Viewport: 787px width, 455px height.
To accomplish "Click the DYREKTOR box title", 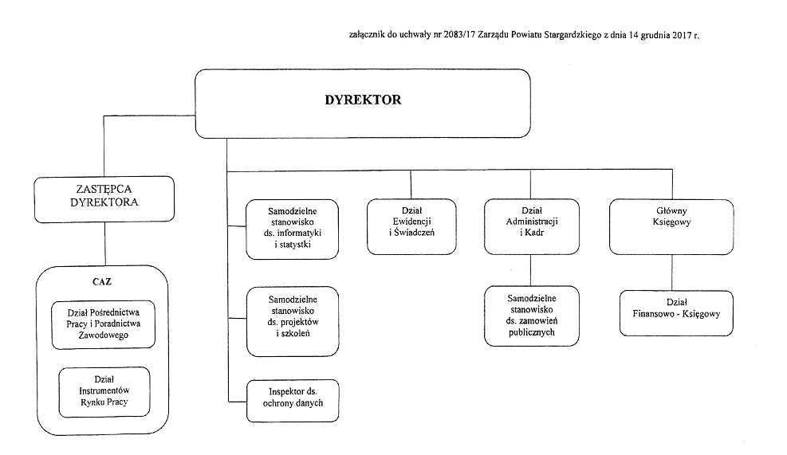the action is pos(363,100).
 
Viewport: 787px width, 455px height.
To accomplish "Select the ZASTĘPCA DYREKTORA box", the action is pos(104,199).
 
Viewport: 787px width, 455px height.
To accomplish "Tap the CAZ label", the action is pos(102,281).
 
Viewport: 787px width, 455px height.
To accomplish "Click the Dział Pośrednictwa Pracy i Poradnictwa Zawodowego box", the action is pos(104,324).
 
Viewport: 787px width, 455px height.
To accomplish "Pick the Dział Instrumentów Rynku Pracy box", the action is pos(104,392).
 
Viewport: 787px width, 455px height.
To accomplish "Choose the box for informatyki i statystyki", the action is pos(292,229).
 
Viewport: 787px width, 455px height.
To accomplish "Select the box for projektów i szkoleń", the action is pos(293,322).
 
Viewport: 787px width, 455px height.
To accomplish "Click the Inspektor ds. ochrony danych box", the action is pos(293,400).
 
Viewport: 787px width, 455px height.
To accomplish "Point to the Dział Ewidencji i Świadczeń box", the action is pos(411,227).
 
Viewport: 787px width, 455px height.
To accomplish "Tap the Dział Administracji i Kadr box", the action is pos(532,227).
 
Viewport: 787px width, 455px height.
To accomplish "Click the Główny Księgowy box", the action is pos(671,227).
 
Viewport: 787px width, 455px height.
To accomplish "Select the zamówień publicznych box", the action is pos(532,316).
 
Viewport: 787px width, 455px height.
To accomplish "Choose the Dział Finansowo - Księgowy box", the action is pos(677,313).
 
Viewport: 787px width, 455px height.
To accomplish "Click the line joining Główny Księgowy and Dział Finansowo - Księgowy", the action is pos(672,273).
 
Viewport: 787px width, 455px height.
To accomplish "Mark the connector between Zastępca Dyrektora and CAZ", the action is pos(105,244).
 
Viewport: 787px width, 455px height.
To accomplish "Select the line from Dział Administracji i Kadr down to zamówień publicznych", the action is pos(530,270).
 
